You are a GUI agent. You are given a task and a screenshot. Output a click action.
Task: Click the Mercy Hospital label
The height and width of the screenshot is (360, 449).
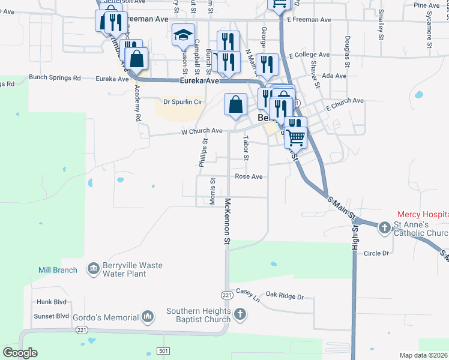pos(422,214)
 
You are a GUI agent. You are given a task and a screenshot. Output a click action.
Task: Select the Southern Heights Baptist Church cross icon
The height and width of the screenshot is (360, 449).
pos(240,314)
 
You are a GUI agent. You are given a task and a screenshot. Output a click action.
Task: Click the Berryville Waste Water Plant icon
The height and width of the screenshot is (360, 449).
pos(94,269)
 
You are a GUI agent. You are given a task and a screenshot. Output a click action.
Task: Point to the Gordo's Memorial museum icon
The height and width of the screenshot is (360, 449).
pos(148,316)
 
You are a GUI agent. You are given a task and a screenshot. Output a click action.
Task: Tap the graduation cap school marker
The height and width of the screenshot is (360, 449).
pos(183,35)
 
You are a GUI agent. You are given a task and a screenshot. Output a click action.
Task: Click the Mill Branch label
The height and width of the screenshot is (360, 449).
pos(58,270)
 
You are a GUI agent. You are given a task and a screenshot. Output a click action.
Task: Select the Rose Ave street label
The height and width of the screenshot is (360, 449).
pos(249,177)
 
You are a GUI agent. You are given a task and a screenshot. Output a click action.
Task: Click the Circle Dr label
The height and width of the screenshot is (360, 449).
pos(376,253)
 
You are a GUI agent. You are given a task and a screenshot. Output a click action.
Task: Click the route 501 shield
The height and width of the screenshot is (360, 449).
pos(163,350)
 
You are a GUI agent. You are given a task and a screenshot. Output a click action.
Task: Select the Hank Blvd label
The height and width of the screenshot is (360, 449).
pos(51,302)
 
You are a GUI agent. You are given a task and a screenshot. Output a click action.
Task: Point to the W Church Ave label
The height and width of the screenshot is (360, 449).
pos(202,131)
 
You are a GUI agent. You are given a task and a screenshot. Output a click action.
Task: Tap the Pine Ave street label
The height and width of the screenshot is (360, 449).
pos(427,5)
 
